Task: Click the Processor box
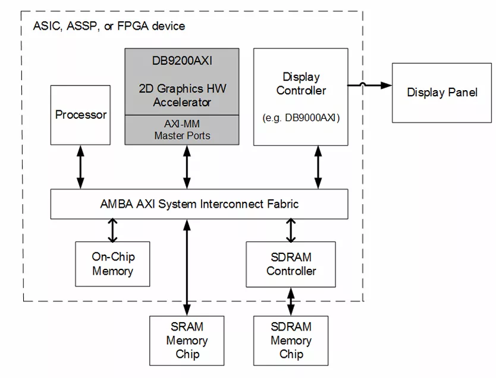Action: pos(81,115)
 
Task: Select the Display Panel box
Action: pos(442,93)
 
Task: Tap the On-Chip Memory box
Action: pos(112,264)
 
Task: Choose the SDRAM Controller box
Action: pos(291,264)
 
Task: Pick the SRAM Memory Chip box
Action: pos(187,341)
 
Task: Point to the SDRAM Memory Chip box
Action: pos(291,341)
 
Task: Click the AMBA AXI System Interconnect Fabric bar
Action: pos(199,204)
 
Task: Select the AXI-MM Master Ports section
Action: pos(182,130)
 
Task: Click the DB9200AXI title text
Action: pos(182,61)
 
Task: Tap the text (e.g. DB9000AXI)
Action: pos(301,117)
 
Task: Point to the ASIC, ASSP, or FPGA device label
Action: pos(109,26)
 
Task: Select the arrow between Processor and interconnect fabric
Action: pos(81,167)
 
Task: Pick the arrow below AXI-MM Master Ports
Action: pos(187,167)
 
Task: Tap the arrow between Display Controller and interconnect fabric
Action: pos(318,167)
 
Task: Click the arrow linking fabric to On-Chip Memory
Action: pos(112,230)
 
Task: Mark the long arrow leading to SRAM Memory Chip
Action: pos(187,267)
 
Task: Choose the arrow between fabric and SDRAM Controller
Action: pos(291,230)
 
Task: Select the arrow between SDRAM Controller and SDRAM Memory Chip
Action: pos(291,301)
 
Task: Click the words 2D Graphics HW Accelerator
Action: pos(182,96)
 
